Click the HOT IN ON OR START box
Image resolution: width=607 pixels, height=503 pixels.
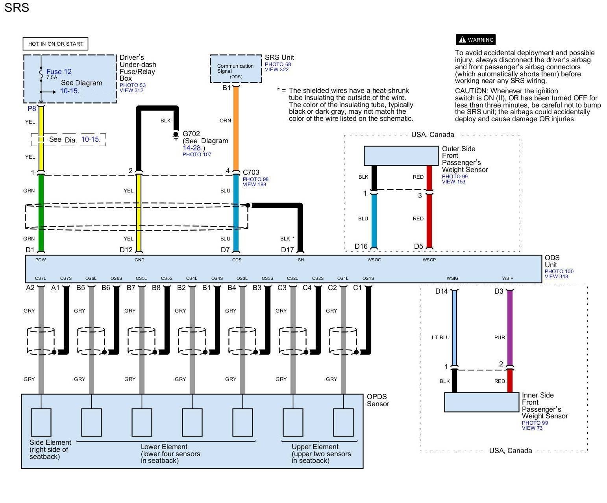coord(56,44)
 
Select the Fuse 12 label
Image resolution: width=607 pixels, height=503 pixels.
coord(59,71)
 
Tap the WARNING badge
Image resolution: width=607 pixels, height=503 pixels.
coord(476,40)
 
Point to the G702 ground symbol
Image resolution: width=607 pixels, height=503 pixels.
coord(176,136)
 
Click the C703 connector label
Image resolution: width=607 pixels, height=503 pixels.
coord(251,172)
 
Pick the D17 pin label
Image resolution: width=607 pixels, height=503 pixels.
coord(287,250)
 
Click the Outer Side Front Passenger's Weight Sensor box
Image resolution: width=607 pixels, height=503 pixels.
coord(401,156)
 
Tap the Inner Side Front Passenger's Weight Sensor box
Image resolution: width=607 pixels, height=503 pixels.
coord(481,402)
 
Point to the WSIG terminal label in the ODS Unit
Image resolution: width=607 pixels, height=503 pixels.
coord(452,278)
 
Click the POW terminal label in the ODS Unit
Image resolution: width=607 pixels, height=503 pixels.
coord(41,260)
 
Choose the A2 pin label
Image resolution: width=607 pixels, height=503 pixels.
coord(30,288)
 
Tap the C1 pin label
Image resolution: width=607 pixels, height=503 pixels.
coord(357,288)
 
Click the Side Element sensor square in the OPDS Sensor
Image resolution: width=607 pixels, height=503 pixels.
coord(41,422)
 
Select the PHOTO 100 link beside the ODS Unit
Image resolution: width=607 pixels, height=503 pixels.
coord(559,271)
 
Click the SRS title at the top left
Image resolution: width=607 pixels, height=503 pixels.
coord(17,8)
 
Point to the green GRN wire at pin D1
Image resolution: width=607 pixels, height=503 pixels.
coord(41,213)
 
